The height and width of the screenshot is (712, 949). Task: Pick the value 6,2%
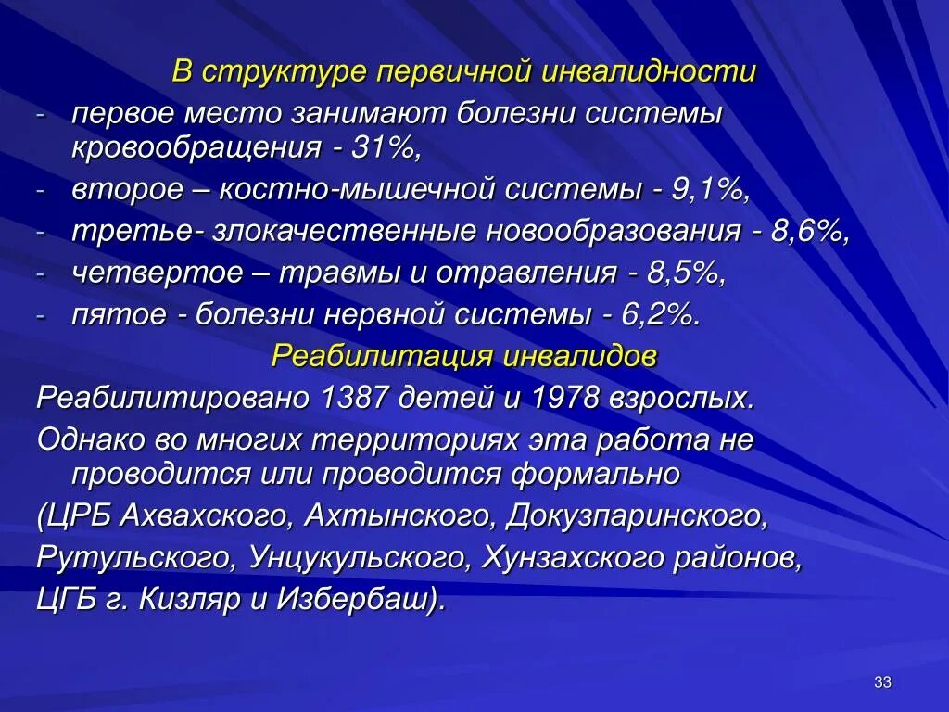click(x=660, y=314)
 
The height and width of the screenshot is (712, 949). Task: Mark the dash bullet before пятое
click(x=41, y=314)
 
